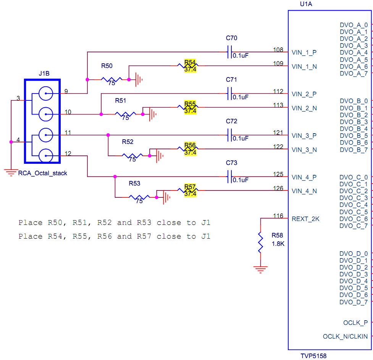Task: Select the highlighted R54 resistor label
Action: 190,62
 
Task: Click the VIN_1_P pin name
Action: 304,52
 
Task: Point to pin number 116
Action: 278,216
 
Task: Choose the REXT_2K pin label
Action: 305,219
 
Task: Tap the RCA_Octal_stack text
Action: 43,173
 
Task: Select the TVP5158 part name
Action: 313,356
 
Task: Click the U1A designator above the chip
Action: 307,5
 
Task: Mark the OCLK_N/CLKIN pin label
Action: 345,337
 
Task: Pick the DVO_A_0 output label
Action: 354,25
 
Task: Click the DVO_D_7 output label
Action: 354,302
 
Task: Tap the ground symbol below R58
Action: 260,270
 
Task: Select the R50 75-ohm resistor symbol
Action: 111,80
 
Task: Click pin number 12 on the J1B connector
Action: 68,154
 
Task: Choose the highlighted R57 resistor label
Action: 190,187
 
